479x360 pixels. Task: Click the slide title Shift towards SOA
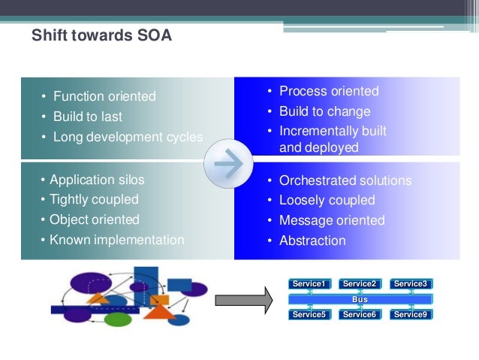pos(101,35)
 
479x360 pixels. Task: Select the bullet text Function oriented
pos(104,96)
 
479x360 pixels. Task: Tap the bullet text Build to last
pos(88,116)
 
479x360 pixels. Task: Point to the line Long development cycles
pos(128,137)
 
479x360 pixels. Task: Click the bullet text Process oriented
pos(329,91)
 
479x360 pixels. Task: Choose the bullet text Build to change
pos(324,111)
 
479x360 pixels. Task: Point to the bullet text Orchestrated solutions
pos(345,180)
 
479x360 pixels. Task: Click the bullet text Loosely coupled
pos(327,200)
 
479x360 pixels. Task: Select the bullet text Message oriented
pos(332,220)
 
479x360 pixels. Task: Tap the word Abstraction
pos(312,241)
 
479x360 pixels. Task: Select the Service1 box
pos(309,284)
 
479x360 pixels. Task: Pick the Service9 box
pos(411,314)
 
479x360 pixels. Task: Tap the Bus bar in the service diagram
pos(360,299)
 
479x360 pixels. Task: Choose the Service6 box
pos(360,314)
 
